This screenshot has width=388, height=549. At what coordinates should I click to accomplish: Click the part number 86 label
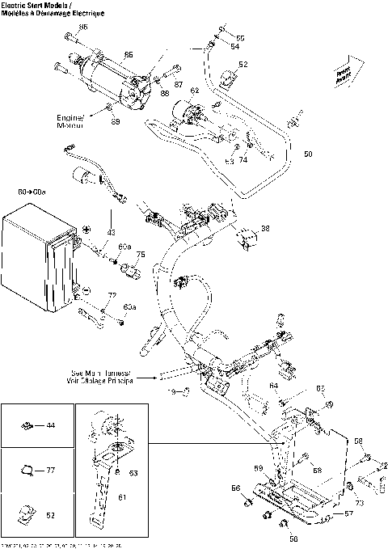pyautogui.click(x=82, y=27)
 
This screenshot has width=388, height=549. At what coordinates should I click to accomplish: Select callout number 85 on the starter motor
pyautogui.click(x=128, y=55)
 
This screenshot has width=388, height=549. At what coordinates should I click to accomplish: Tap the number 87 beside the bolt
pyautogui.click(x=179, y=83)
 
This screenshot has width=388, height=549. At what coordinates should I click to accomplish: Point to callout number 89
pyautogui.click(x=116, y=121)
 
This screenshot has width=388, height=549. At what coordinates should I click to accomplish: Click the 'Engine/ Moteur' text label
pyautogui.click(x=70, y=121)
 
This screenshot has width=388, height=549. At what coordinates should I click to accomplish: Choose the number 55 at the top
pyautogui.click(x=239, y=38)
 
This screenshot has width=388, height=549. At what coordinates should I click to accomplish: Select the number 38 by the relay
pyautogui.click(x=266, y=229)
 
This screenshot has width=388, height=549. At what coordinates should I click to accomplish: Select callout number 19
pyautogui.click(x=172, y=391)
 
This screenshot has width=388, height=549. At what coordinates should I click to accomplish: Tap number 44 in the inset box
pyautogui.click(x=51, y=424)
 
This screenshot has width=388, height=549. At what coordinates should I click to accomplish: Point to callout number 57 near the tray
pyautogui.click(x=350, y=513)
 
